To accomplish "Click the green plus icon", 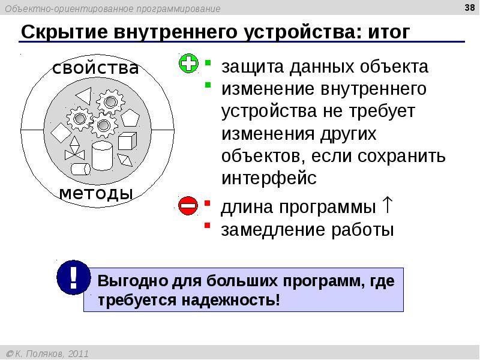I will click(188, 64).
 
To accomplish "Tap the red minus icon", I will click(188, 206).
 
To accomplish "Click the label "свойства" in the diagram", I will click(95, 68).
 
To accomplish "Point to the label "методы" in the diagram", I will click(96, 194).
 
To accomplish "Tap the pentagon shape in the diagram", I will click(130, 118).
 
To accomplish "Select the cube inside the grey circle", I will click(126, 142).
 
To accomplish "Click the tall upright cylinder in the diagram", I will click(102, 155).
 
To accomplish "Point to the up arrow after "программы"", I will click(387, 206).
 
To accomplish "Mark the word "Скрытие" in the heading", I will click(59, 32).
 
